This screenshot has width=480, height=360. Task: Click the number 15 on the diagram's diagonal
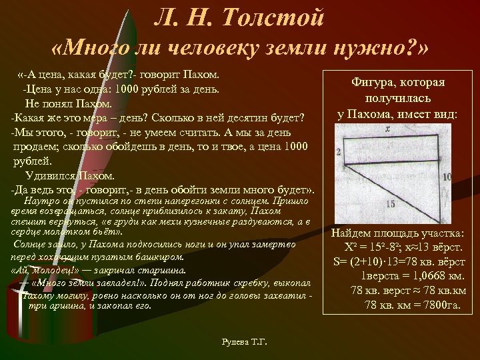(390, 203)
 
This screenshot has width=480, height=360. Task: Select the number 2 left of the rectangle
(339, 153)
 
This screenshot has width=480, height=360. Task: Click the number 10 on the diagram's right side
(446, 177)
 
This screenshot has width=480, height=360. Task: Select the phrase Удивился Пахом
(70, 176)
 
